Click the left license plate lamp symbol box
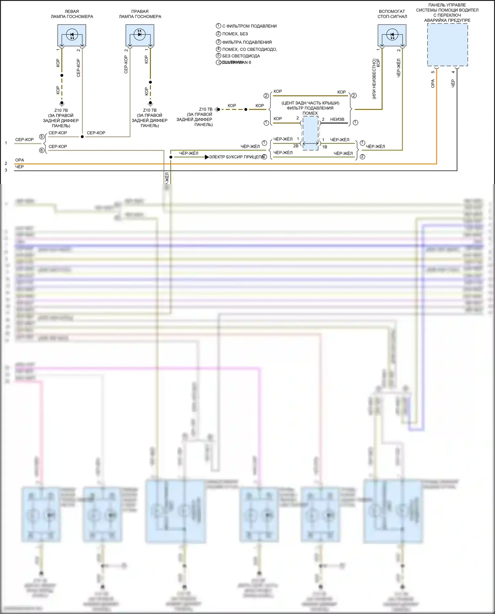pos(72,35)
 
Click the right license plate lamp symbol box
pos(140,35)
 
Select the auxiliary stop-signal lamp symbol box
pos(392,35)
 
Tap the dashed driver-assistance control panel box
pos(447,45)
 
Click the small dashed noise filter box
pos(310,133)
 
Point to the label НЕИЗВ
pos(337,119)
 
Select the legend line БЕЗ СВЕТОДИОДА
pos(241,56)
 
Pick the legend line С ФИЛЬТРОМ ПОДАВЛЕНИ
pos(249,26)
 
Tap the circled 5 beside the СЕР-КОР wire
pos(42,137)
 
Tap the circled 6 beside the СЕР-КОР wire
pos(42,150)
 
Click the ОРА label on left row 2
pos(19,160)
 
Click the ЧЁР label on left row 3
pos(19,167)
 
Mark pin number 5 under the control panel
pos(433,72)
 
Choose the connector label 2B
pos(296,146)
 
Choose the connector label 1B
pos(325,147)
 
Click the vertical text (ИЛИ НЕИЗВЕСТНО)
pos(374,79)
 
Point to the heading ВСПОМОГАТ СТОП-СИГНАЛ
pos(392,14)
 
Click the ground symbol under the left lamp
pos(62,103)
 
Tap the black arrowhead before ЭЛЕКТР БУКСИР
pos(207,157)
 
